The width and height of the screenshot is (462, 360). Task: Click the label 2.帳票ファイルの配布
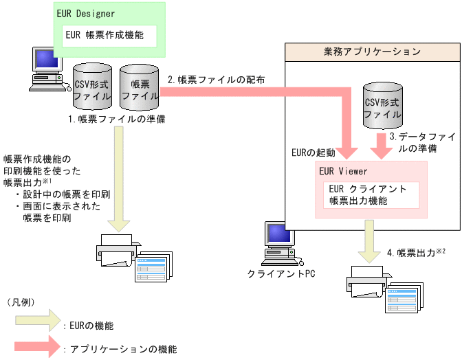[217, 79]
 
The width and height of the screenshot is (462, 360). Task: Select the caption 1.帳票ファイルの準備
[116, 119]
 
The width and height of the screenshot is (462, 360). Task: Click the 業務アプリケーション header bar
[372, 52]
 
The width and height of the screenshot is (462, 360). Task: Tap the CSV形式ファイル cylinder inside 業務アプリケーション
[382, 107]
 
